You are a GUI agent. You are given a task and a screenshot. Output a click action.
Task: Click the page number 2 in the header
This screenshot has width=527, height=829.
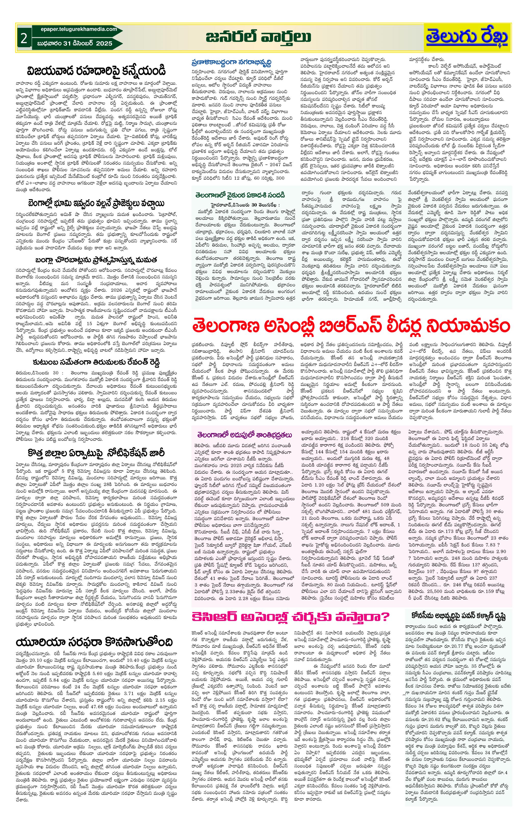click(x=24, y=39)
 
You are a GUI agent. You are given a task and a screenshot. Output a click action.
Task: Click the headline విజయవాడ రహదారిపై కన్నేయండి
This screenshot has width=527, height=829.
click(x=97, y=71)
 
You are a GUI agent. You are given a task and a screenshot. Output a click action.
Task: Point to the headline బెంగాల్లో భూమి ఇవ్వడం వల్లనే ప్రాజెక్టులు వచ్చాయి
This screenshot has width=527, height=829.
click(x=97, y=202)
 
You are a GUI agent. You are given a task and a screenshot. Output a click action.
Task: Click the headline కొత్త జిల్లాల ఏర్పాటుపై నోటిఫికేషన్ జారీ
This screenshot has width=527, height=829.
click(x=97, y=452)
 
